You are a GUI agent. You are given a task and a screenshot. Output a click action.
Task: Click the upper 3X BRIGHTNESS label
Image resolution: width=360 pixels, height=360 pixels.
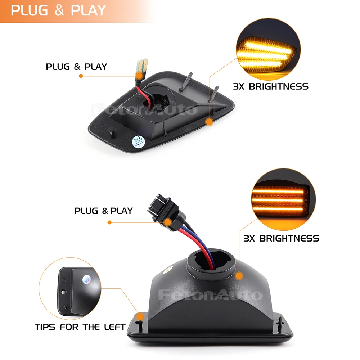(271, 86)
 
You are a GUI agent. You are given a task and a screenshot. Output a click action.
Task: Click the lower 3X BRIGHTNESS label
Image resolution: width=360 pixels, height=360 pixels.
(281, 238)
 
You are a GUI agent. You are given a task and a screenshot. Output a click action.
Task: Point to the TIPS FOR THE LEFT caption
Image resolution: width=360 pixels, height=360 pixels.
(80, 327)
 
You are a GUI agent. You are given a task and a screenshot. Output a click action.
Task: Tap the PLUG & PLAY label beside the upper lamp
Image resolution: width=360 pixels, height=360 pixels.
(76, 67)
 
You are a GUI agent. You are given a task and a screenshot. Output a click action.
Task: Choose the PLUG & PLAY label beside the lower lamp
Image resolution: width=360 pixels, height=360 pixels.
(104, 211)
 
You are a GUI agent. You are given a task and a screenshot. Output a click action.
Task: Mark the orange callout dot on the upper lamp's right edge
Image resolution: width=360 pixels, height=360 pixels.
(209, 122)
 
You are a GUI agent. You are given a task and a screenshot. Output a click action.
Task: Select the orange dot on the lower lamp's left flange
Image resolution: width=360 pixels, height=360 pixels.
(140, 316)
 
